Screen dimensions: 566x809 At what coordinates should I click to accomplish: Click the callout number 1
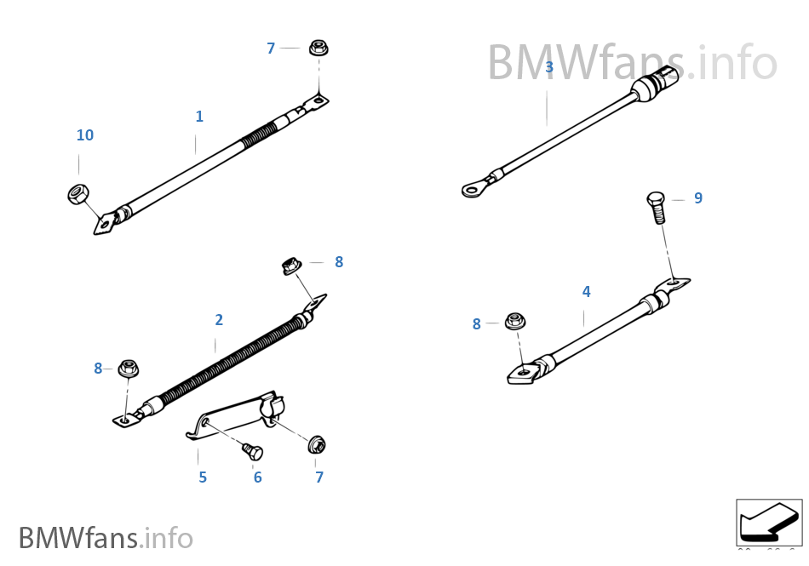(x=199, y=117)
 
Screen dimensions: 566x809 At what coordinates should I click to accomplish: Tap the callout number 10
(x=85, y=135)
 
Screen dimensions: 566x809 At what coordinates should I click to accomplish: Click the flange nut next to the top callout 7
(x=319, y=48)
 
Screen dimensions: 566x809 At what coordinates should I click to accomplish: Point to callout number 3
(x=549, y=67)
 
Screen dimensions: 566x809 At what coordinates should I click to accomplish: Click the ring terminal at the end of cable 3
(x=473, y=188)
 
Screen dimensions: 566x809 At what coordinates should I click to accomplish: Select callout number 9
(x=698, y=198)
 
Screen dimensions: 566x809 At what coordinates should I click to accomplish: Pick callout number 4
(x=586, y=292)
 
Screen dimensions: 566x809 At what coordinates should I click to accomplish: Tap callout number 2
(x=219, y=320)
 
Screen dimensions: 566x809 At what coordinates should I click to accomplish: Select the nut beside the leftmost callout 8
(x=129, y=369)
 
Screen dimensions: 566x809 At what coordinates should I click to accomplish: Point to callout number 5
(x=203, y=477)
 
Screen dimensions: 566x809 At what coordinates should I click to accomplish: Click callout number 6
(x=257, y=477)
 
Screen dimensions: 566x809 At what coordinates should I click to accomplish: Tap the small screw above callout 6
(x=252, y=451)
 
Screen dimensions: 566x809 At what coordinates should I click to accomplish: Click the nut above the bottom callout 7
(x=316, y=444)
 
